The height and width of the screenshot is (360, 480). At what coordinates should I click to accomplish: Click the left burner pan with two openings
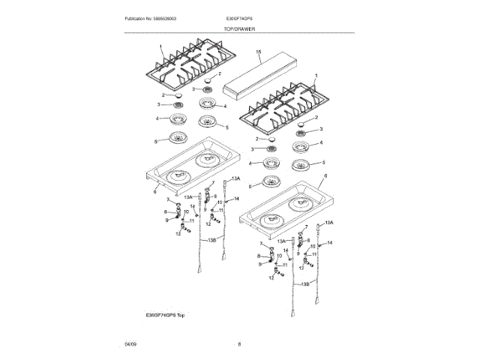(193, 166)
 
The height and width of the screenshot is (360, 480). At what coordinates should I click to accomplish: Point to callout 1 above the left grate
(159, 46)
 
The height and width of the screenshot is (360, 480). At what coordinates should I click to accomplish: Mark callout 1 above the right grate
(316, 76)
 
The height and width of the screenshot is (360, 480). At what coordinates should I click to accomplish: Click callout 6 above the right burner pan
(325, 175)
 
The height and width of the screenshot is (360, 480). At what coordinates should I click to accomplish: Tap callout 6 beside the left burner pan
(154, 192)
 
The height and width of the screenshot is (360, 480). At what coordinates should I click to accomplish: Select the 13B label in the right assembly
(304, 284)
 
